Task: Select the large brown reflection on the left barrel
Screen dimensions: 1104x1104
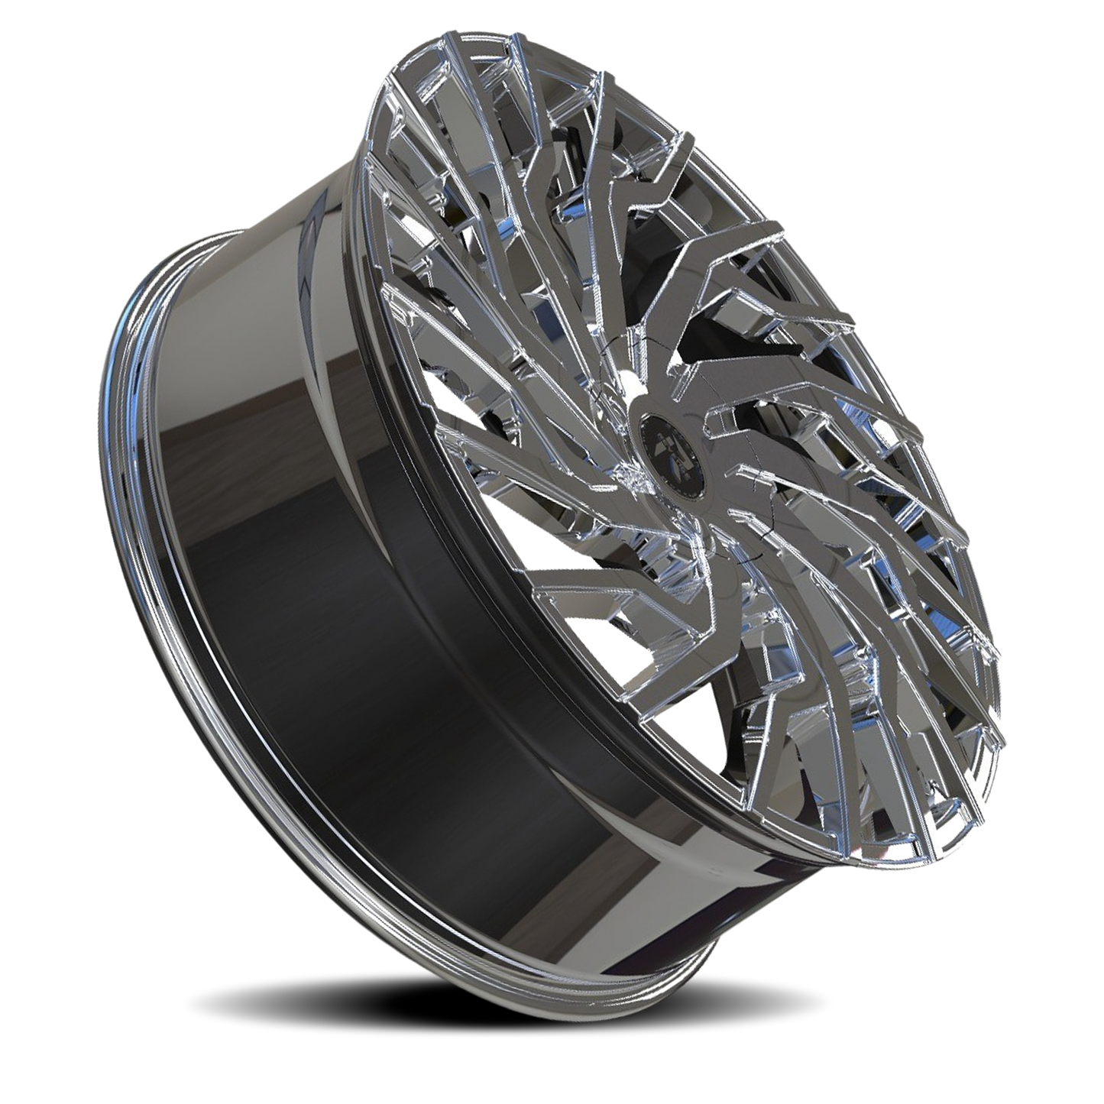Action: [x=229, y=428]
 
